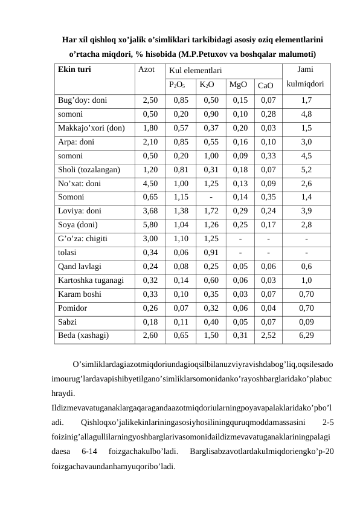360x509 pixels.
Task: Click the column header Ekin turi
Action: pos(74,69)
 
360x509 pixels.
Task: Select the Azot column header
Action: pos(147,69)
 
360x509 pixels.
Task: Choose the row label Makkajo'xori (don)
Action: pos(91,128)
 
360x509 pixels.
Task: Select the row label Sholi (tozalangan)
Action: pos(88,170)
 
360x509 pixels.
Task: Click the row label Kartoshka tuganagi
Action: pos(91,280)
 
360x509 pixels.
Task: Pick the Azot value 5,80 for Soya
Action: pos(150,225)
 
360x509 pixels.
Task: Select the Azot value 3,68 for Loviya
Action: pos(150,211)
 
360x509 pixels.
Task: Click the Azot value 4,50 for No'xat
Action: pos(150,184)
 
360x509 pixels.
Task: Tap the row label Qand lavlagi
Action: pos(80,266)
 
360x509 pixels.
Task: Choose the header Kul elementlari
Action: pos(195,70)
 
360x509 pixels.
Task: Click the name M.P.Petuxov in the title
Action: pos(222,54)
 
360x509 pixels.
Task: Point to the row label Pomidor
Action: pos(73,308)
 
